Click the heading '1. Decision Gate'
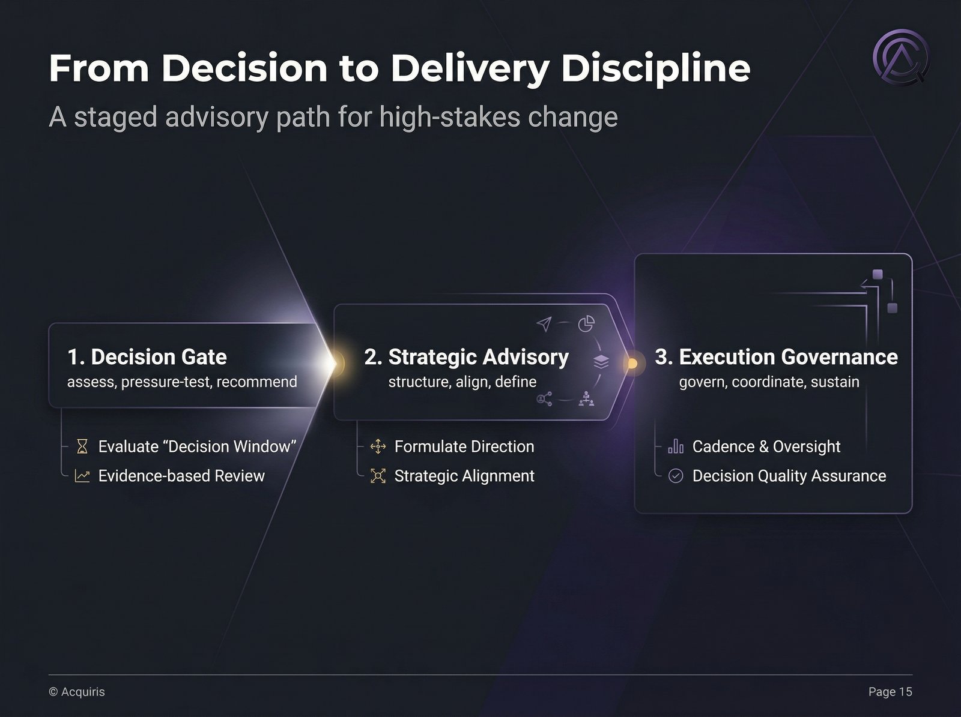point(147,357)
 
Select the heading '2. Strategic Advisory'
point(466,357)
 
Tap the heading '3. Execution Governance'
point(776,357)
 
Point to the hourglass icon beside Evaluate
point(82,446)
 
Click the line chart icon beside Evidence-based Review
point(82,476)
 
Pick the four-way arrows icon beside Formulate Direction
point(378,446)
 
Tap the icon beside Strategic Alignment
point(378,476)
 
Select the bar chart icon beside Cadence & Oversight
point(676,446)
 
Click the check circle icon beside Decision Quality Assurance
point(676,476)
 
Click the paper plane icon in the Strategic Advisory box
point(544,324)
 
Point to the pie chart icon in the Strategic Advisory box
point(586,324)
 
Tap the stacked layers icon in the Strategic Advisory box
point(601,361)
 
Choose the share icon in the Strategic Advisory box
point(544,398)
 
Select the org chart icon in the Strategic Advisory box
point(586,398)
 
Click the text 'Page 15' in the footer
point(890,692)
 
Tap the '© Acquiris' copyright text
point(77,692)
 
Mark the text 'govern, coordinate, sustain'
point(769,382)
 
